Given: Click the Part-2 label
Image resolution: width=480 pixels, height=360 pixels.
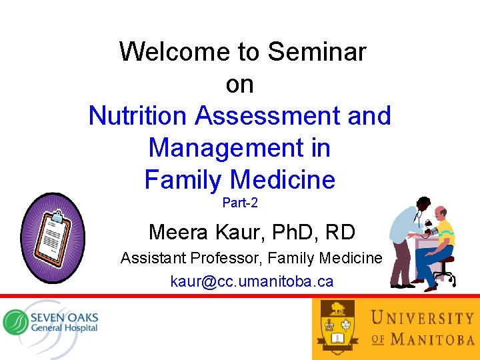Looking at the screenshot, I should click(x=239, y=203).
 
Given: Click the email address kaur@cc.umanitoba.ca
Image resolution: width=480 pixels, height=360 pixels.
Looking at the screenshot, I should click(x=251, y=281).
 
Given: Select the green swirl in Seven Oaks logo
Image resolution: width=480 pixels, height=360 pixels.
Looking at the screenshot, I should click(x=15, y=321).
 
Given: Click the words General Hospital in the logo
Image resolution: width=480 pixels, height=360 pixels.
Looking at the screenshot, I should click(x=64, y=328).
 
